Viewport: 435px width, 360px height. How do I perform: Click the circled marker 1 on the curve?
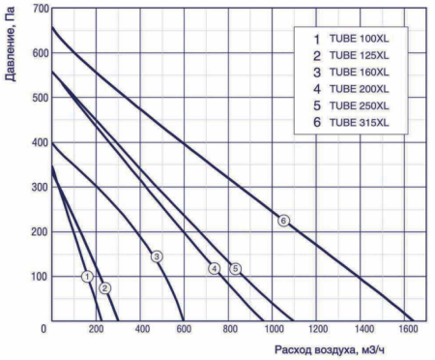point(88,277)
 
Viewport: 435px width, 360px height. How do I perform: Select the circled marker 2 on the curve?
point(105,288)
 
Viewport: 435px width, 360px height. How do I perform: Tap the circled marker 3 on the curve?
point(157,255)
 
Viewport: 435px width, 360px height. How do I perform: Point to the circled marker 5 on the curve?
point(235,268)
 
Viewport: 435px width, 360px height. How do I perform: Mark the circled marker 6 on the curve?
point(283,221)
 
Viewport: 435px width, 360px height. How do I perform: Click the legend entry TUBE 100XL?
point(358,38)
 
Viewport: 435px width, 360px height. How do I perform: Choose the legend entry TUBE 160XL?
point(358,72)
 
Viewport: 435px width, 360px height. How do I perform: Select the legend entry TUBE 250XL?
point(358,105)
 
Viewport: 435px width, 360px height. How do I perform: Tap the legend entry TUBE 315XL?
point(358,123)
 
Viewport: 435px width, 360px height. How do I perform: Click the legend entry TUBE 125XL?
point(358,55)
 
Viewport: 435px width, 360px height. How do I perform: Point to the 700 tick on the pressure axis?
point(37,9)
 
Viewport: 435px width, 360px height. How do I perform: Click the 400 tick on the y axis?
point(37,142)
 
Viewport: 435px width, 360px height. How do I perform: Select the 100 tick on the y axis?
point(37,277)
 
